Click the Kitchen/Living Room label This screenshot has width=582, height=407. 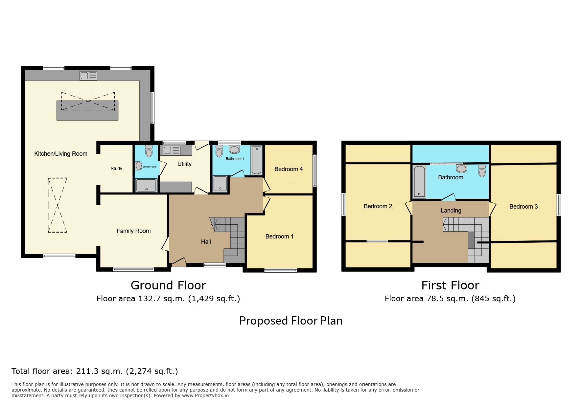[x=61, y=154]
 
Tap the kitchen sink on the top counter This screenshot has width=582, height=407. [x=88, y=76]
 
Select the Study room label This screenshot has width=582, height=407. [x=116, y=169]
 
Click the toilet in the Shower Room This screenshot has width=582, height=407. [x=149, y=151]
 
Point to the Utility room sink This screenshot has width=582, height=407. [x=171, y=150]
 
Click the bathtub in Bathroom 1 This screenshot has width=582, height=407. [x=257, y=160]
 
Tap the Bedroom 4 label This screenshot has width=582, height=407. [x=289, y=169]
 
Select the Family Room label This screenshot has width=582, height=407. [x=134, y=231]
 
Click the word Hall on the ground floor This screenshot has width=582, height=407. [x=206, y=242]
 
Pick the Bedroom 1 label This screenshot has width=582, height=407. [x=279, y=237]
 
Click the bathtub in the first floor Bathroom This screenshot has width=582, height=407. [x=419, y=182]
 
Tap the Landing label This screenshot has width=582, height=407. [x=451, y=211]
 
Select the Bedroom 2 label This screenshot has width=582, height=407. [x=378, y=206]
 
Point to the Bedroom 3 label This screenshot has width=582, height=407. [x=524, y=207]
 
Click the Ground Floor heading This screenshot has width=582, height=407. [x=168, y=285]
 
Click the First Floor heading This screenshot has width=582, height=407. [x=450, y=285]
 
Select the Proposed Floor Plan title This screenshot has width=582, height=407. [x=291, y=321]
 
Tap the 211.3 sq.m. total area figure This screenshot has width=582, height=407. [x=100, y=371]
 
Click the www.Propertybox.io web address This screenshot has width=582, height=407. [x=205, y=396]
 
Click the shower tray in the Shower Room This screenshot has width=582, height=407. [x=147, y=185]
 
